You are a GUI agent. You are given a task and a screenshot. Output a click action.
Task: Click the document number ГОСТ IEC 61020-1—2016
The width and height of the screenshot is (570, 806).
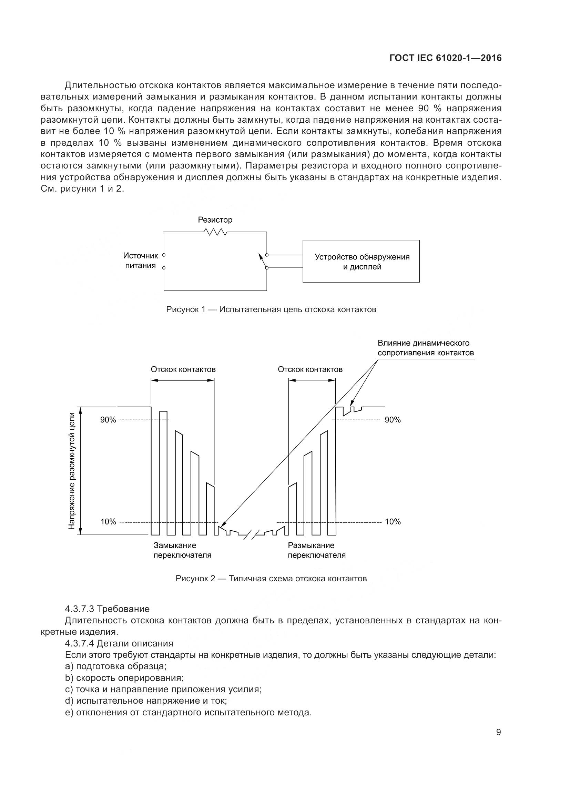445,58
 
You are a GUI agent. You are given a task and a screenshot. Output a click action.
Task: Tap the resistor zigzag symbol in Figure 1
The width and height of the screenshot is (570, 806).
215,232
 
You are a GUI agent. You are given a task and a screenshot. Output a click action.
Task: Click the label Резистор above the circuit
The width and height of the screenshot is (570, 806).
215,220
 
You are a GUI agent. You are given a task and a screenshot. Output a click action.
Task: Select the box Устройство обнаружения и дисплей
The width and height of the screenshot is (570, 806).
361,261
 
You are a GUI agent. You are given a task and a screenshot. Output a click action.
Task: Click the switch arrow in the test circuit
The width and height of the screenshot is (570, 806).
262,259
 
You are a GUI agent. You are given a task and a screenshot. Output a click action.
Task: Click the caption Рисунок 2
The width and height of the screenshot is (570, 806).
271,579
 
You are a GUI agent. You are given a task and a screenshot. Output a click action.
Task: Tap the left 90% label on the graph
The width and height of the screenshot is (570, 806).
108,420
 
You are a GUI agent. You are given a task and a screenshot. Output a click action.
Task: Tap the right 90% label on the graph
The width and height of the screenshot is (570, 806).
393,420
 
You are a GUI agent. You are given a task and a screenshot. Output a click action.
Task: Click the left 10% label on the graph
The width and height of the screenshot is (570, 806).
108,522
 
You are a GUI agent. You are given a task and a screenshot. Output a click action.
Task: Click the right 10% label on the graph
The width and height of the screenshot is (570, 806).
393,522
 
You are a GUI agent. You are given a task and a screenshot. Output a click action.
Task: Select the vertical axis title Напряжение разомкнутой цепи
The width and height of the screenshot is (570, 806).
72,471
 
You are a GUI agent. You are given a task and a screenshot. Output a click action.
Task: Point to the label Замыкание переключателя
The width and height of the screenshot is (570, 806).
182,550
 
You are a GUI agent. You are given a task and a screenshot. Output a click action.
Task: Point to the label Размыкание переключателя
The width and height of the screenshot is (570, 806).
316,550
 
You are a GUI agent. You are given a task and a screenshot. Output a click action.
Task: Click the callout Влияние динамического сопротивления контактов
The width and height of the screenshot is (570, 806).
425,348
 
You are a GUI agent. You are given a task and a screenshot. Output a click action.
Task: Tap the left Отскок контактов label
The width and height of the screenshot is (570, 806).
183,369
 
